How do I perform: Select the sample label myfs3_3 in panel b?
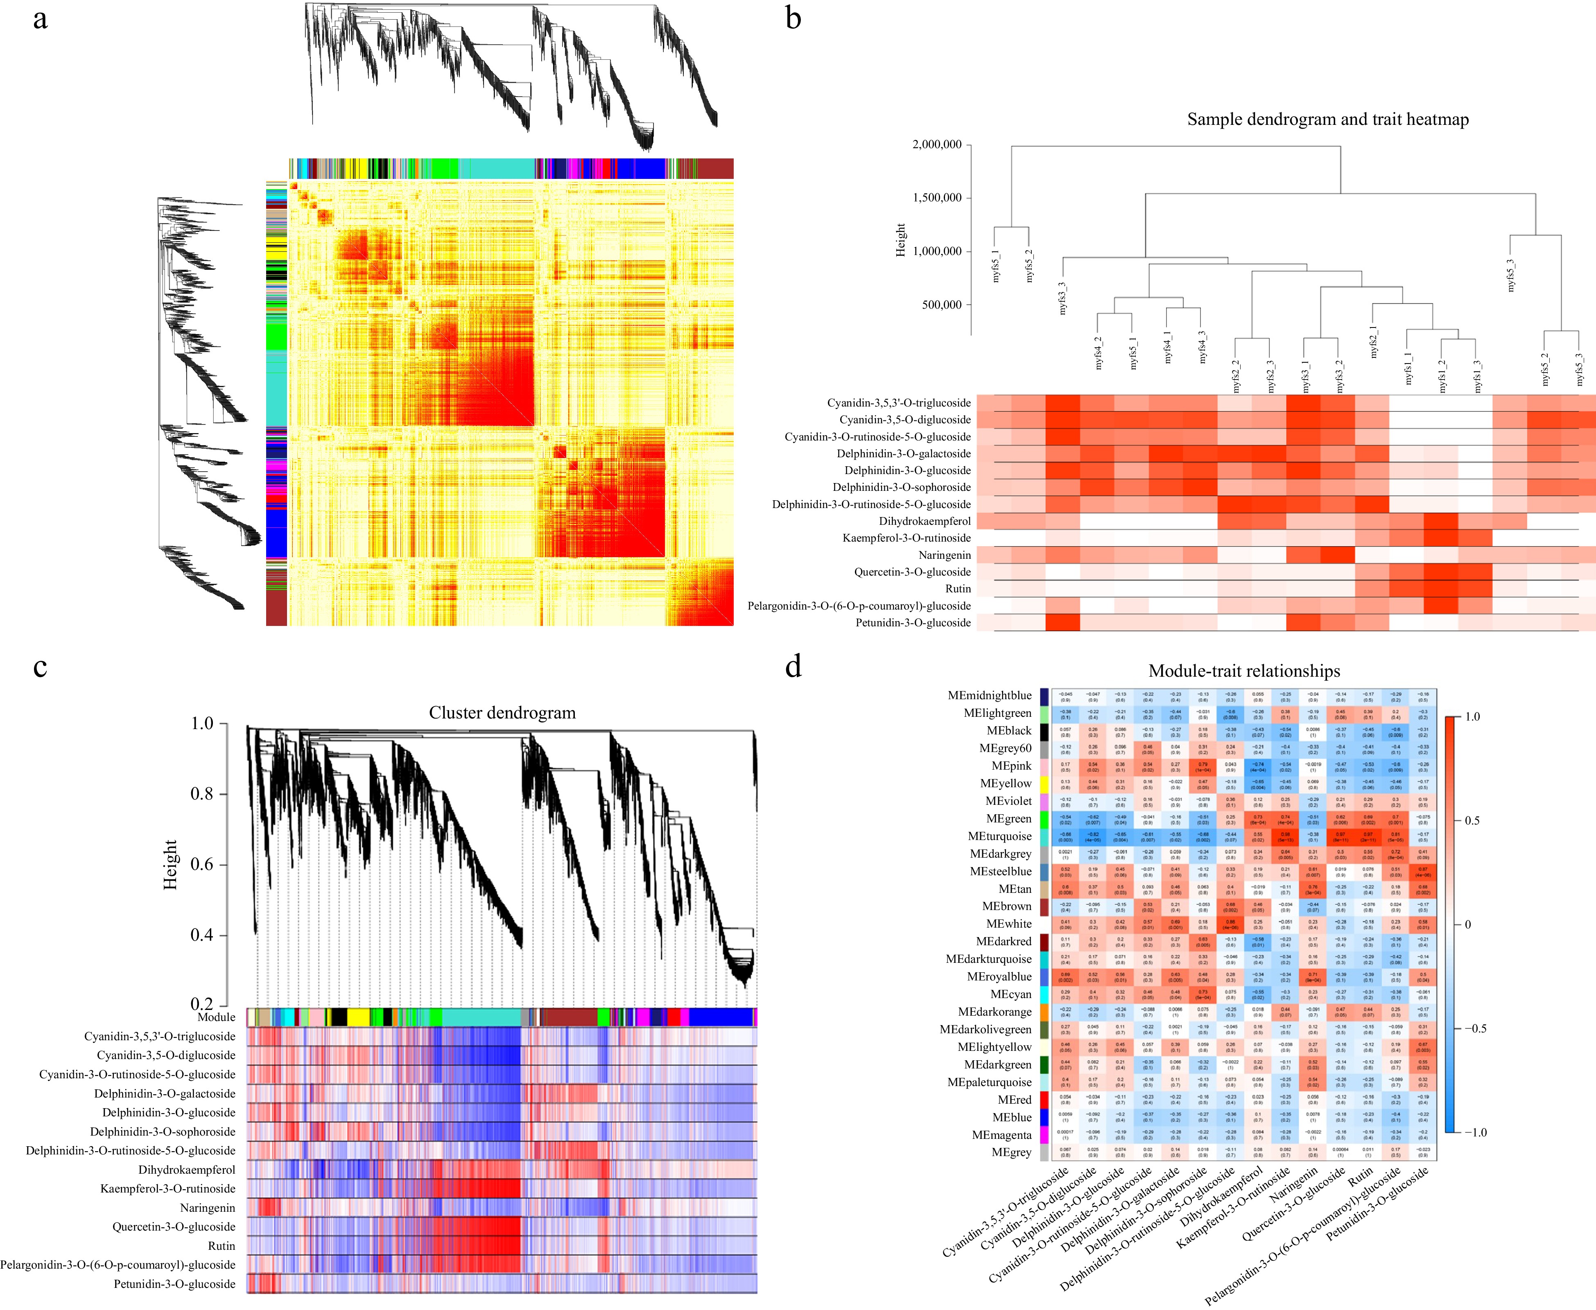[1062, 298]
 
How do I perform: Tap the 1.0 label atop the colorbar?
[1472, 717]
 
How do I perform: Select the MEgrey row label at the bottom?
[1011, 1152]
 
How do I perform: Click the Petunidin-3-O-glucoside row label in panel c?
[174, 1283]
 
